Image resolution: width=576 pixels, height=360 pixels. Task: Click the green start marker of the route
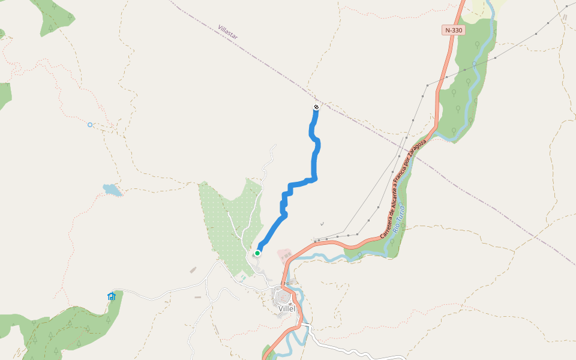[257, 253]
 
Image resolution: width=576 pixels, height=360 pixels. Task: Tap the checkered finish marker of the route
[316, 107]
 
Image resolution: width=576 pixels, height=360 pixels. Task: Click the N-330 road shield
[454, 30]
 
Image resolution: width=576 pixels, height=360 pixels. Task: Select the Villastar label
[228, 32]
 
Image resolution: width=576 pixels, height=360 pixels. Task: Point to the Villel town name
[287, 308]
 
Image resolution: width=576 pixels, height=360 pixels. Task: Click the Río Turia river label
[399, 219]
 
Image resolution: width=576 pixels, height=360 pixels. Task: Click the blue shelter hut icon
[111, 296]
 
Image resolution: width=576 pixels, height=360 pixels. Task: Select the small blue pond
[112, 190]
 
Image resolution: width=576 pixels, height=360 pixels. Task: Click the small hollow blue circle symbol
[90, 125]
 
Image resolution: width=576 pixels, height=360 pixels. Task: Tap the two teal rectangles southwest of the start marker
[242, 279]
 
